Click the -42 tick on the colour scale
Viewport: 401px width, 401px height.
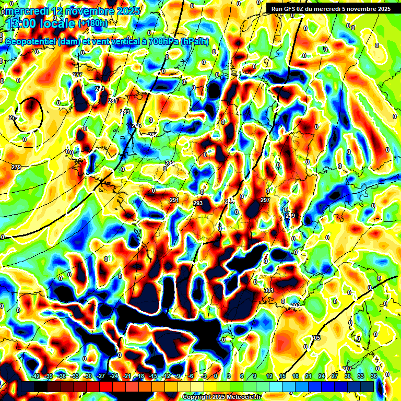36,376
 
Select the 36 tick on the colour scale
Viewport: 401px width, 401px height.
373,376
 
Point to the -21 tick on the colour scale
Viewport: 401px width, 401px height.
127,376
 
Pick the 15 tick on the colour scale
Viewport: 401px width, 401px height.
282,376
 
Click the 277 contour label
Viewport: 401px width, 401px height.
78,75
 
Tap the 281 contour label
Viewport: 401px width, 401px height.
113,101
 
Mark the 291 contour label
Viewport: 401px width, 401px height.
174,200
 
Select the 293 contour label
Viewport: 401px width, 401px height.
198,203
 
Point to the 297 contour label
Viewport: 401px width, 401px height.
265,200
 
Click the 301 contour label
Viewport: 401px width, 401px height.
269,290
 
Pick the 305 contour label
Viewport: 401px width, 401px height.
316,338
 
